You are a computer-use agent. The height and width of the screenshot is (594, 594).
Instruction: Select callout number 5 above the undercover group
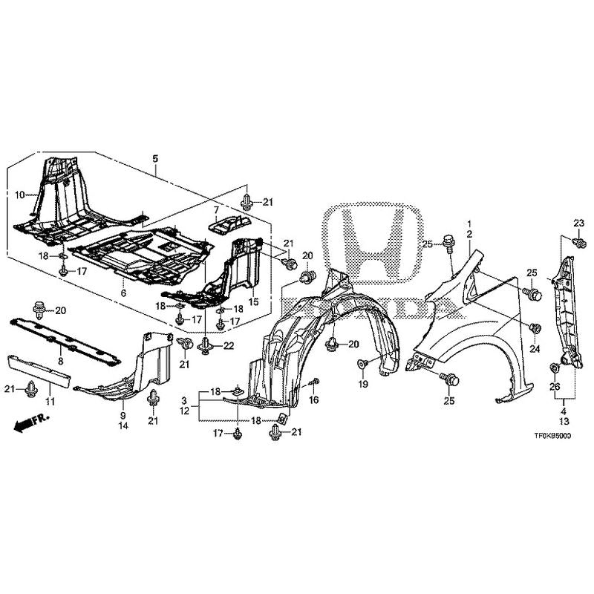[155, 158]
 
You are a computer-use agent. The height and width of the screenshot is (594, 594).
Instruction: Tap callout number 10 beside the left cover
[21, 195]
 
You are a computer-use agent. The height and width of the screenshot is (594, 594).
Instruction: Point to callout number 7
[217, 210]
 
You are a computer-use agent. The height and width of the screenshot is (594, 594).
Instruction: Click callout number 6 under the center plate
[123, 294]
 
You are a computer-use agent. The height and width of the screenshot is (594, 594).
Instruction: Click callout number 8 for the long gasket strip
[61, 359]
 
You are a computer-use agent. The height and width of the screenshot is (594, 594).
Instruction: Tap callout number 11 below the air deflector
[50, 402]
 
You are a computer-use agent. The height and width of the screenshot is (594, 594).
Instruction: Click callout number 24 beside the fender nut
[534, 347]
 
